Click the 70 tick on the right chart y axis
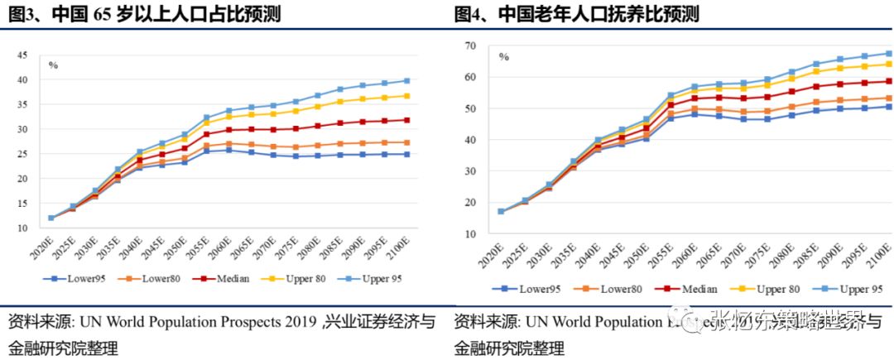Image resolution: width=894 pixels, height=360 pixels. [x=469, y=46]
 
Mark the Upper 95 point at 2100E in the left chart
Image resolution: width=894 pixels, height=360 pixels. [x=407, y=80]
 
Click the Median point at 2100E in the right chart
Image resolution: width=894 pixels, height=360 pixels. [x=889, y=81]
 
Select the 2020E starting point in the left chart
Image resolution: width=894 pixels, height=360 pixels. [x=51, y=218]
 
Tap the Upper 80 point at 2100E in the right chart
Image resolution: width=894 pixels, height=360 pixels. [x=889, y=64]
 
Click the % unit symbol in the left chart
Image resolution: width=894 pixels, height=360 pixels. [x=53, y=65]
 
